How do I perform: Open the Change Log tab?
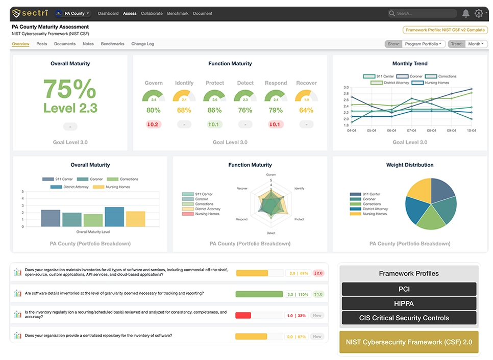click(142, 44)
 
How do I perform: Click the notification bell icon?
click(465, 13)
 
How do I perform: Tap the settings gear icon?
click(479, 13)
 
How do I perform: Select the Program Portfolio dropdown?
click(424, 44)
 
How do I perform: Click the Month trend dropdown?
click(476, 44)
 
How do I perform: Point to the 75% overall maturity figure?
click(70, 90)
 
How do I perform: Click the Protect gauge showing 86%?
click(215, 97)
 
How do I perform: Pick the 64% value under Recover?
click(306, 110)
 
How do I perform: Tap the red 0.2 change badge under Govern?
click(153, 124)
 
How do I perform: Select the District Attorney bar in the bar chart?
click(114, 217)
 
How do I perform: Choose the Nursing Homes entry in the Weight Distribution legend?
click(375, 214)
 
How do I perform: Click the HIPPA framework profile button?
click(408, 303)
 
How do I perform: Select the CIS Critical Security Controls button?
click(408, 318)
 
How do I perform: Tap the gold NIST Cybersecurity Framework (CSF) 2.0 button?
click(408, 342)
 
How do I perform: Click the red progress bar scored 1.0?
click(243, 316)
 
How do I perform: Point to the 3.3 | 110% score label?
click(298, 294)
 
